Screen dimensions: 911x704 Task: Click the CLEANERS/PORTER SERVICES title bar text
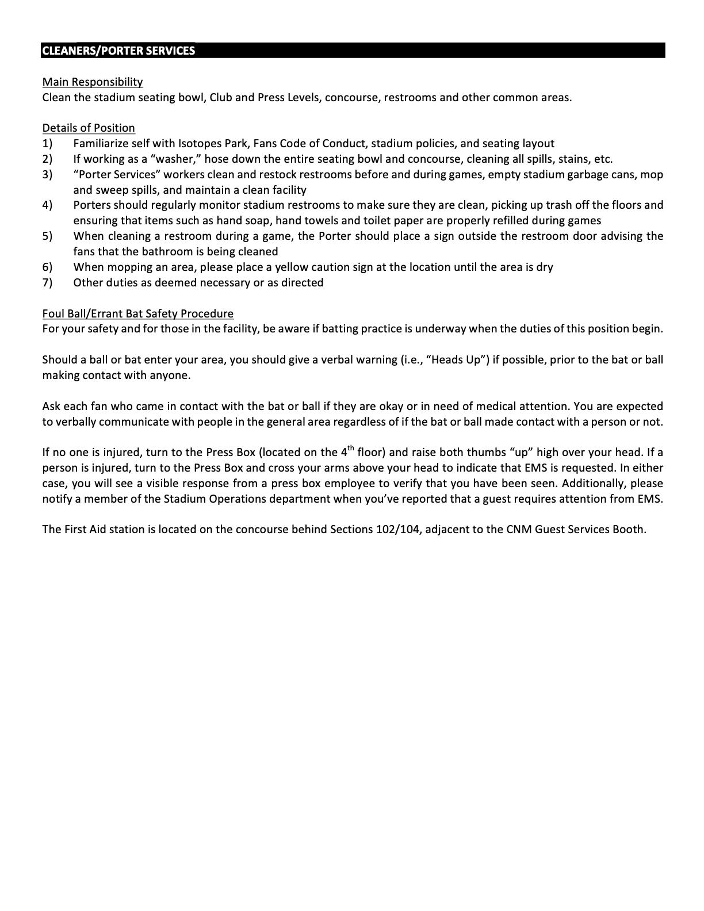118,51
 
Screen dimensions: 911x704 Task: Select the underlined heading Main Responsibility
93,82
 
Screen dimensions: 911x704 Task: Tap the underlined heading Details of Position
89,128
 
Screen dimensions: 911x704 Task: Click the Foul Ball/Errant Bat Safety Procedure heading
138,314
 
